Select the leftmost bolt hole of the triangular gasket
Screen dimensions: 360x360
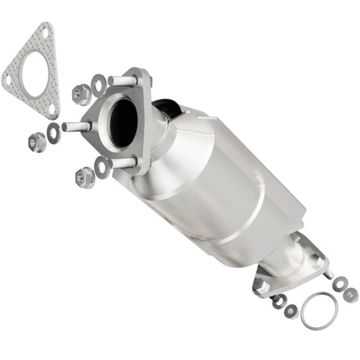tap(10, 79)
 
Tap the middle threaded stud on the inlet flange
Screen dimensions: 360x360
tap(76, 126)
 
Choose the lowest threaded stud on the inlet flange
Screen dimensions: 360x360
tap(122, 163)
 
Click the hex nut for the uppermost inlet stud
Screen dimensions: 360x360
tap(81, 94)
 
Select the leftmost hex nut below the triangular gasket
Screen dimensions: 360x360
tap(37, 142)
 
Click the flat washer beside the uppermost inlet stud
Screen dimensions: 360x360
tap(99, 83)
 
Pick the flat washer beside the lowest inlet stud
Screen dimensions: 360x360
tap(102, 164)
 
